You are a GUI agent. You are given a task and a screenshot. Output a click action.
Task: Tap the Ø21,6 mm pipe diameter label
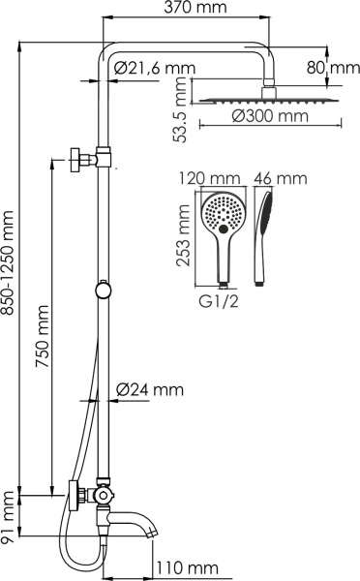coord(153,68)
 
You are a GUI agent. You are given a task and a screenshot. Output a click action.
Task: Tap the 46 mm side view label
coord(279,178)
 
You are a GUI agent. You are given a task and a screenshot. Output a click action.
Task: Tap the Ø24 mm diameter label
coord(149,390)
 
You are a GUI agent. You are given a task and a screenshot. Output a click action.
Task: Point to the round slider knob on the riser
coord(102,288)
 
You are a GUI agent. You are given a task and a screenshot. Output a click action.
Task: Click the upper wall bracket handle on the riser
coord(76,157)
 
